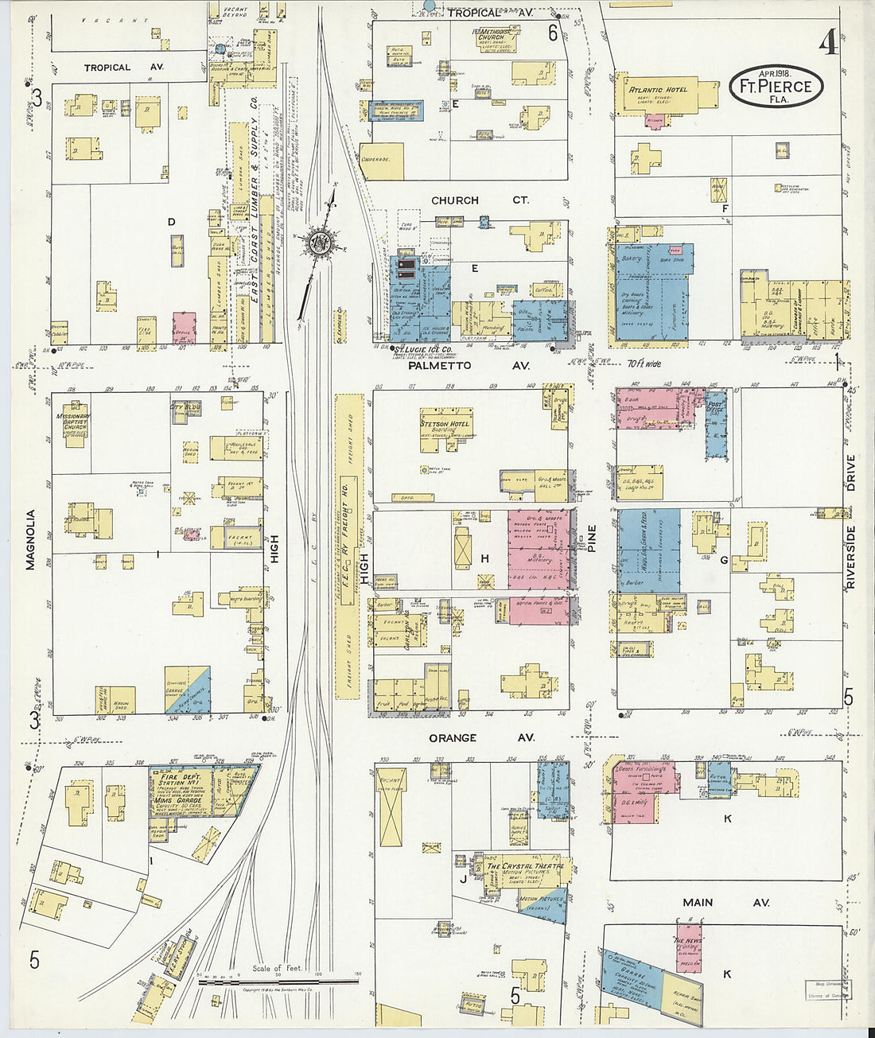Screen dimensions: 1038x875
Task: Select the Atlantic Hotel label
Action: (657, 90)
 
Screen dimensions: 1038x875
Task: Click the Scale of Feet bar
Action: (278, 982)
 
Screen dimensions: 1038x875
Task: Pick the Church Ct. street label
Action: (479, 200)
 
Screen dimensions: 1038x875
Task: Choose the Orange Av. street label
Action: (481, 738)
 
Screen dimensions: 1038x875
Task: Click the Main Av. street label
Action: (725, 903)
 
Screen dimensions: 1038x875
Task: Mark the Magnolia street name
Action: (31, 539)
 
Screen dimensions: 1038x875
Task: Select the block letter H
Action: (484, 559)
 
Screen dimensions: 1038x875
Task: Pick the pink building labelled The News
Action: (688, 947)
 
